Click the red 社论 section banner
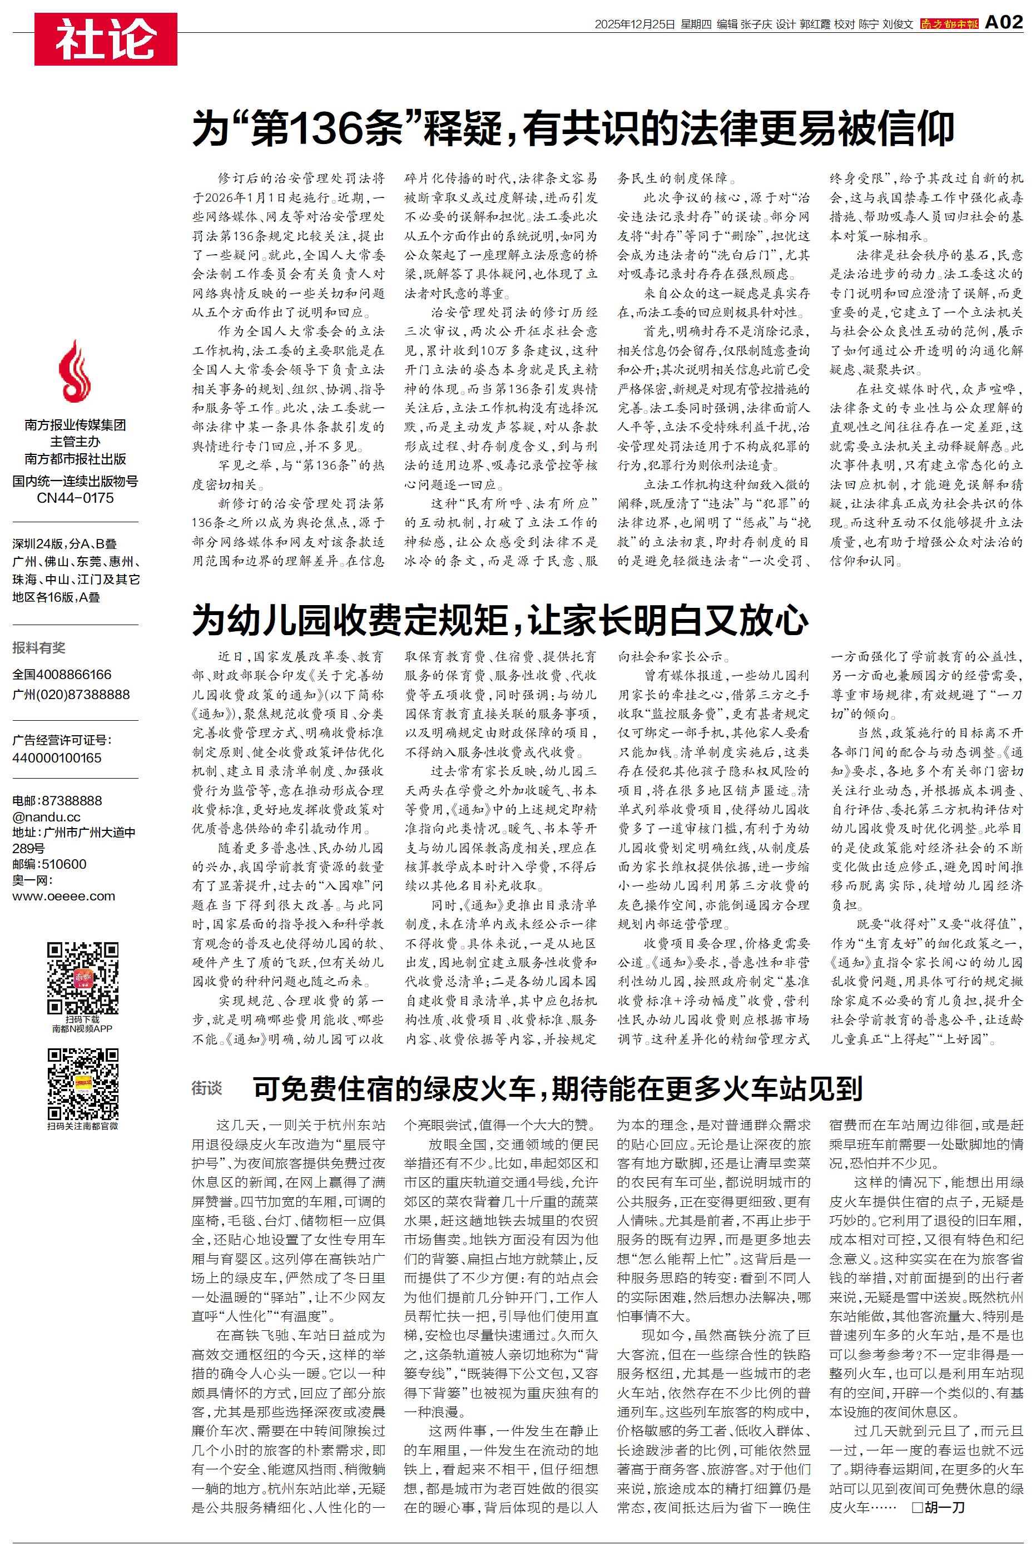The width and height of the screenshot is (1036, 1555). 106,39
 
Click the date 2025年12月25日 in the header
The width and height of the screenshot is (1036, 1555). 635,24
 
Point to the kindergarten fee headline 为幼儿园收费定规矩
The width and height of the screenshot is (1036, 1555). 500,620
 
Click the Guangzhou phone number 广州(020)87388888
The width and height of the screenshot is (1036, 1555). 71,694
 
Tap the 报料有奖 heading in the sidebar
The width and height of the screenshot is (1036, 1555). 38,648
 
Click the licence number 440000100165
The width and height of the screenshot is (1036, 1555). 57,757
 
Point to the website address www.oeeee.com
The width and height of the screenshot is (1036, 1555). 63,897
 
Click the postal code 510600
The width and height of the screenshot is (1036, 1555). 64,864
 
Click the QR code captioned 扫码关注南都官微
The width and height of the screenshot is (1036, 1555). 83,1084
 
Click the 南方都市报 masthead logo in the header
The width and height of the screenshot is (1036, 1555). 949,24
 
